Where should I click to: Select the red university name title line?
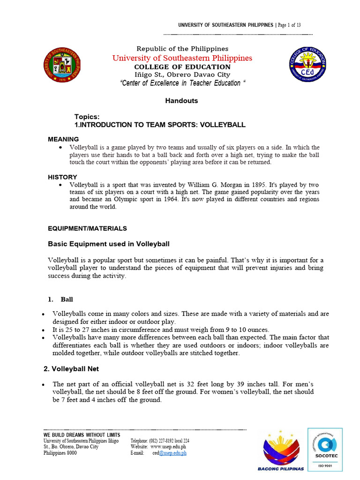click(182, 58)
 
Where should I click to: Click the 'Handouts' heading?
click(181, 101)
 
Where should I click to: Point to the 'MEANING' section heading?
click(63, 139)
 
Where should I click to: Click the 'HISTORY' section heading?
click(62, 177)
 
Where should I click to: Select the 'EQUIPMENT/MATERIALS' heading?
click(87, 228)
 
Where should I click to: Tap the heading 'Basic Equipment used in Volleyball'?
click(109, 244)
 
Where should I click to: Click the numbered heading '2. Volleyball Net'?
click(71, 369)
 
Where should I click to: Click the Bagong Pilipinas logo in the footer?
click(281, 450)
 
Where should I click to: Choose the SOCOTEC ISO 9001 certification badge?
click(325, 449)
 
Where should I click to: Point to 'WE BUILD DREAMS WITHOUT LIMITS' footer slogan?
click(82, 435)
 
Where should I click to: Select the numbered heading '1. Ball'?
click(61, 299)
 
